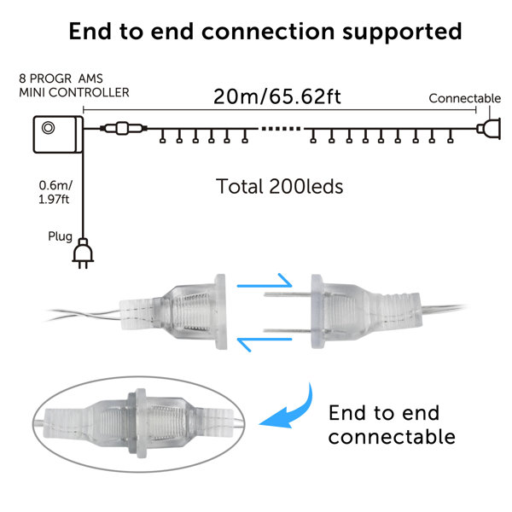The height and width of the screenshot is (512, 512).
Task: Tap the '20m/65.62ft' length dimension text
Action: click(277, 96)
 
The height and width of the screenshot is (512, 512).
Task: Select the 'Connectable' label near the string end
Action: click(465, 98)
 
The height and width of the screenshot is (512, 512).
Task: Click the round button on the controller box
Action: click(48, 128)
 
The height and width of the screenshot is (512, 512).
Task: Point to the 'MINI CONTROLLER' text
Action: click(74, 92)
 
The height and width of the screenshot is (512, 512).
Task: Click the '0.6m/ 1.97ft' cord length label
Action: click(55, 192)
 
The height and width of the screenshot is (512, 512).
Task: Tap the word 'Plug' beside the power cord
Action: click(60, 236)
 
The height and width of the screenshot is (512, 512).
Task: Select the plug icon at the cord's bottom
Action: click(83, 253)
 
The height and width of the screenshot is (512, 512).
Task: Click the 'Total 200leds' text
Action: click(280, 186)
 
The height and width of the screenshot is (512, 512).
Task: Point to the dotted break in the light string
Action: click(281, 129)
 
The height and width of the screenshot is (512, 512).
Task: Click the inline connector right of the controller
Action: click(123, 128)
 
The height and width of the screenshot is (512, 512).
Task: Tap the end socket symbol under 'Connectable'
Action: click(488, 129)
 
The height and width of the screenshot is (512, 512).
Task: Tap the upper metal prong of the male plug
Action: click(288, 294)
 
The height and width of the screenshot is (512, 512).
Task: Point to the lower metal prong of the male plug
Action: click(288, 331)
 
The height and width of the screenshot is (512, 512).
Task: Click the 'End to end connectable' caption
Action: click(392, 425)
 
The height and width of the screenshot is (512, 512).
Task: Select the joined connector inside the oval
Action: click(139, 423)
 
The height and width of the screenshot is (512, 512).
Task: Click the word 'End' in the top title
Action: click(90, 32)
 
